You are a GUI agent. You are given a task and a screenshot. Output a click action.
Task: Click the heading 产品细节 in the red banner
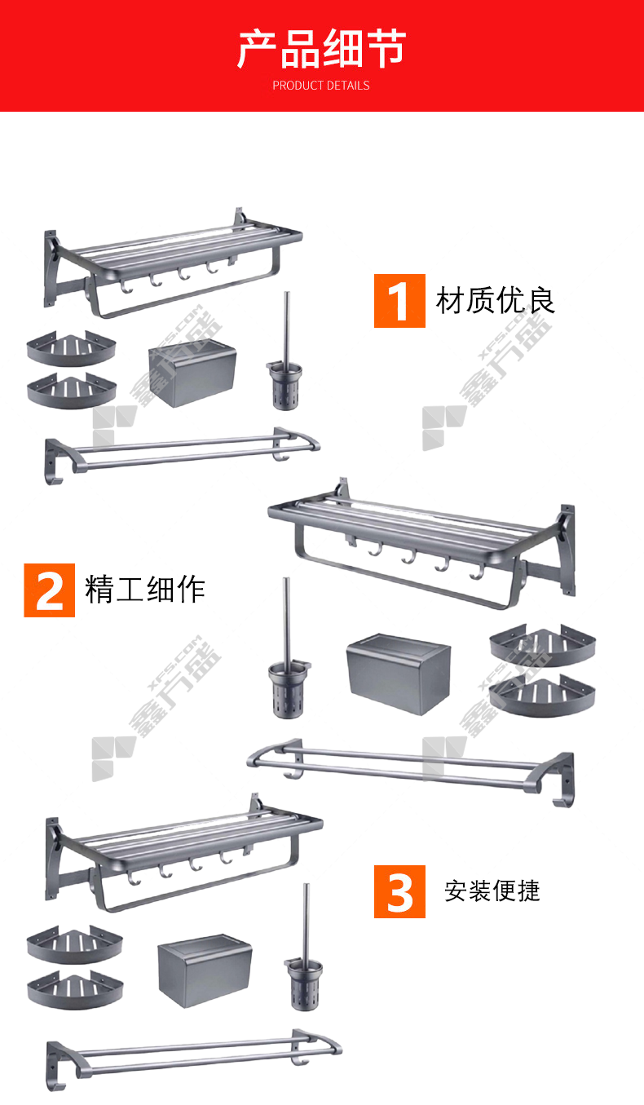click(x=321, y=48)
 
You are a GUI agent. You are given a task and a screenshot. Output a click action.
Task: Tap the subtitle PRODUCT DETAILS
click(x=321, y=86)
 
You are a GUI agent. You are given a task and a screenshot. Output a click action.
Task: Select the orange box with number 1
click(x=399, y=301)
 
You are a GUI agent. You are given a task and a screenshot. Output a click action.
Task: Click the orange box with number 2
click(x=49, y=590)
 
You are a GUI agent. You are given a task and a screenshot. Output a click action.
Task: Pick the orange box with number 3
click(x=399, y=891)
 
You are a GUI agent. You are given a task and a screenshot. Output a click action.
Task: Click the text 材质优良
click(x=495, y=300)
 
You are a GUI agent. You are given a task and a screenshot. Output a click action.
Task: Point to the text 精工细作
click(x=145, y=589)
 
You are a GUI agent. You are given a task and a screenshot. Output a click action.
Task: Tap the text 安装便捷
click(x=492, y=891)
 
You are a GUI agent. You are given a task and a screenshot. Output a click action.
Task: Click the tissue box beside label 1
click(x=192, y=373)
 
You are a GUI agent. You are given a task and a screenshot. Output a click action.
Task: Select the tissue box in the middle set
click(x=399, y=674)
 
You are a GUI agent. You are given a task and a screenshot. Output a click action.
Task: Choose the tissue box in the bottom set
click(x=205, y=970)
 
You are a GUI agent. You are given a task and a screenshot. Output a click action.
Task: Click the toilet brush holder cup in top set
click(x=285, y=386)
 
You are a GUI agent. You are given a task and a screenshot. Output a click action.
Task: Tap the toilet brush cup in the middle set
click(x=289, y=690)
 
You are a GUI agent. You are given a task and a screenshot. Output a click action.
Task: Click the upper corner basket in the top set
click(x=72, y=348)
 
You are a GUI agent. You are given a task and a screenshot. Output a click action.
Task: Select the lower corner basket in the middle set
click(x=542, y=696)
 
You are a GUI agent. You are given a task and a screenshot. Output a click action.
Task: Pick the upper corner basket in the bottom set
click(x=74, y=944)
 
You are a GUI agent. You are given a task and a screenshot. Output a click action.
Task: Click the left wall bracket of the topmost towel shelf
click(x=51, y=269)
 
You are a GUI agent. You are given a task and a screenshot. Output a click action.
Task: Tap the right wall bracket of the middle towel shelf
click(x=567, y=550)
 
